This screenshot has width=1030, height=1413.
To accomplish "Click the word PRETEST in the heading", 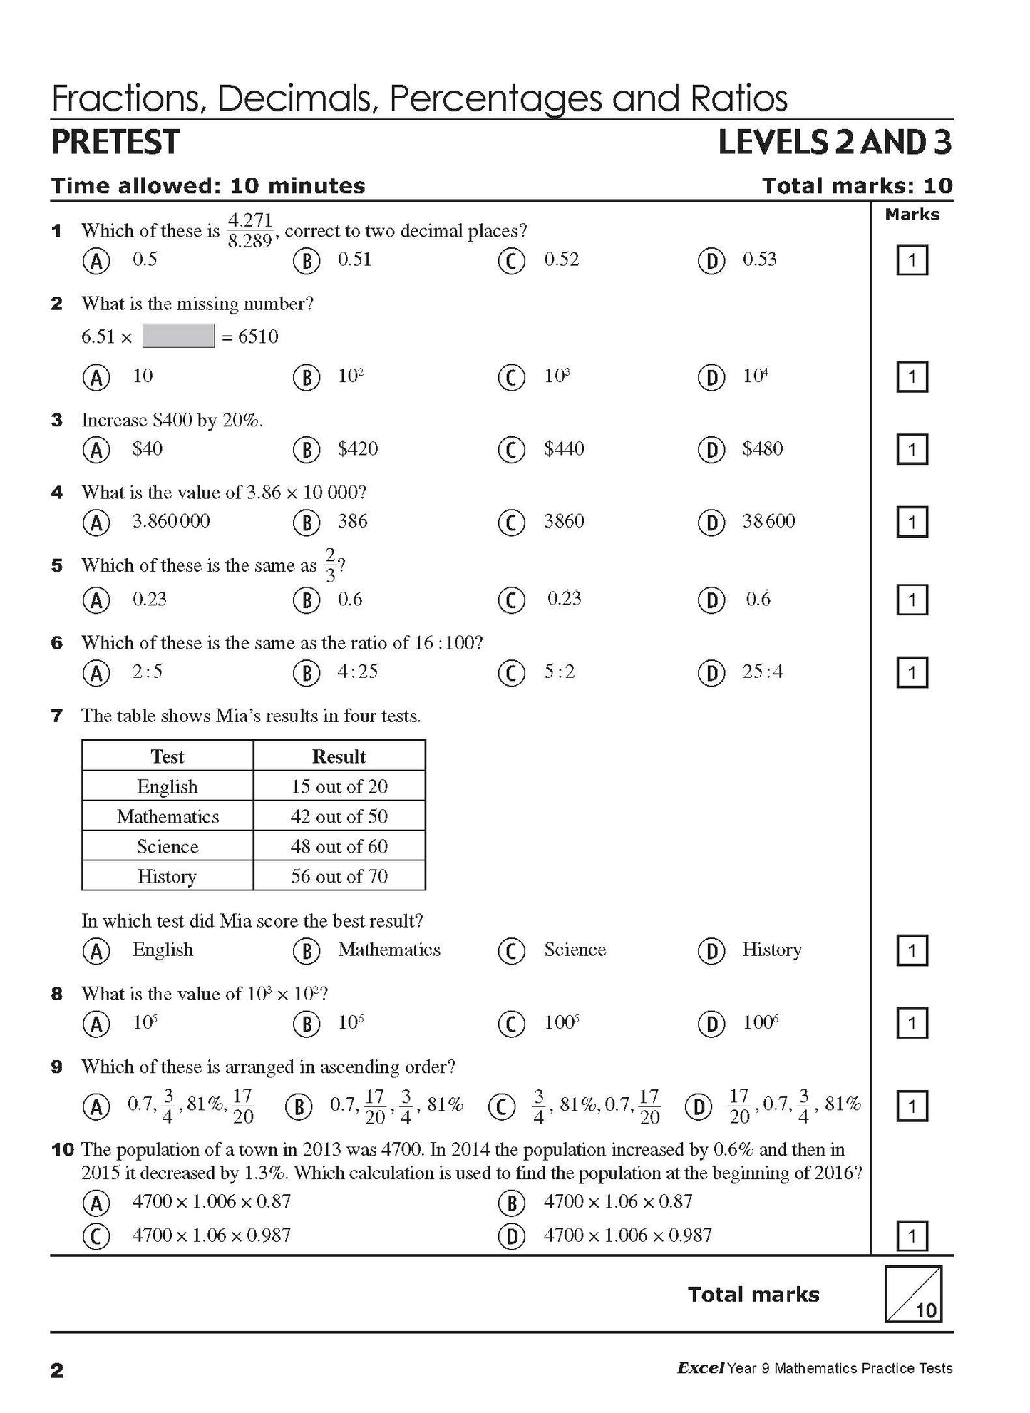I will point(115,142).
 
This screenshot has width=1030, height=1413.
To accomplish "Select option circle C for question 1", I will point(511,261).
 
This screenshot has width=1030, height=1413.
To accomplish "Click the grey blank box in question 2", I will point(178,336).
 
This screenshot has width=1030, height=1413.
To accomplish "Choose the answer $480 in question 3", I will point(762,448).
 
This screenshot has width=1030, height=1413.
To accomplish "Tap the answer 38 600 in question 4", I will point(768,521).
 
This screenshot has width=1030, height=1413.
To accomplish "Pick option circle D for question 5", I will point(711,600).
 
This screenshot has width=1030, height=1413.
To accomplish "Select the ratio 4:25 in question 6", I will point(357,672).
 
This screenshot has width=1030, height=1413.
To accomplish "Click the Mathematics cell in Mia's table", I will point(168,816).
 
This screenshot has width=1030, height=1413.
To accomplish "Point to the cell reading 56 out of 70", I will point(339,876).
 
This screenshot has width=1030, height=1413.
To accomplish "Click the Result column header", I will point(339,756).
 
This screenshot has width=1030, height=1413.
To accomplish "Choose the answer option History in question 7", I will point(772,950).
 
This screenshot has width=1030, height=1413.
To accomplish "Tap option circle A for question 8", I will point(96,1024).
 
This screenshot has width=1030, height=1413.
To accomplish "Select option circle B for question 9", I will point(299,1106).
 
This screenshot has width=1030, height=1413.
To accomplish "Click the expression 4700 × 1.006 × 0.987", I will point(627,1235).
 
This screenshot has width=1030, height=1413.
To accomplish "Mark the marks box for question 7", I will point(911,950).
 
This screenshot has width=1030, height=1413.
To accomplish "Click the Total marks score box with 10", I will point(913,1294).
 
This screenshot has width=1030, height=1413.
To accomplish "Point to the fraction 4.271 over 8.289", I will point(249,230).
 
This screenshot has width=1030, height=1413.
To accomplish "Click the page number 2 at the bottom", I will point(57,1370).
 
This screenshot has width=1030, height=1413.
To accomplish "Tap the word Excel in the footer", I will point(701,1368).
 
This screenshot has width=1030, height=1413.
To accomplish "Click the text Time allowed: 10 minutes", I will point(208,186).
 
